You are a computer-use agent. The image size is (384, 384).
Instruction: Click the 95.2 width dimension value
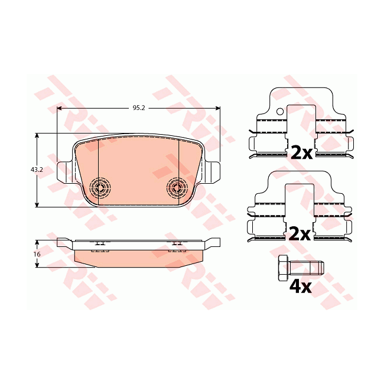pos(139,108)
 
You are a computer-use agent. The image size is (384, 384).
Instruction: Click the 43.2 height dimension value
pos(37,170)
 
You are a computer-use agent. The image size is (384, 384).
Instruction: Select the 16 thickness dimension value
pos(37,254)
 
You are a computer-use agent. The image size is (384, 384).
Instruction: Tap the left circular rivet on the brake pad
pos(100,188)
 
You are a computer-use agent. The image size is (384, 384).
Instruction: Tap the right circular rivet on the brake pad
pos(177,188)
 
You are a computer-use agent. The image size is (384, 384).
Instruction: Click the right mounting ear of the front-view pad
pos(212,172)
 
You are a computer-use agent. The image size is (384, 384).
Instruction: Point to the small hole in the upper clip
pos(280,112)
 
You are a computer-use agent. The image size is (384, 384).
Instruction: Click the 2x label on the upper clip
pos(302,154)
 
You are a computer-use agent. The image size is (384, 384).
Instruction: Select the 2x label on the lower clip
pos(300,234)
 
